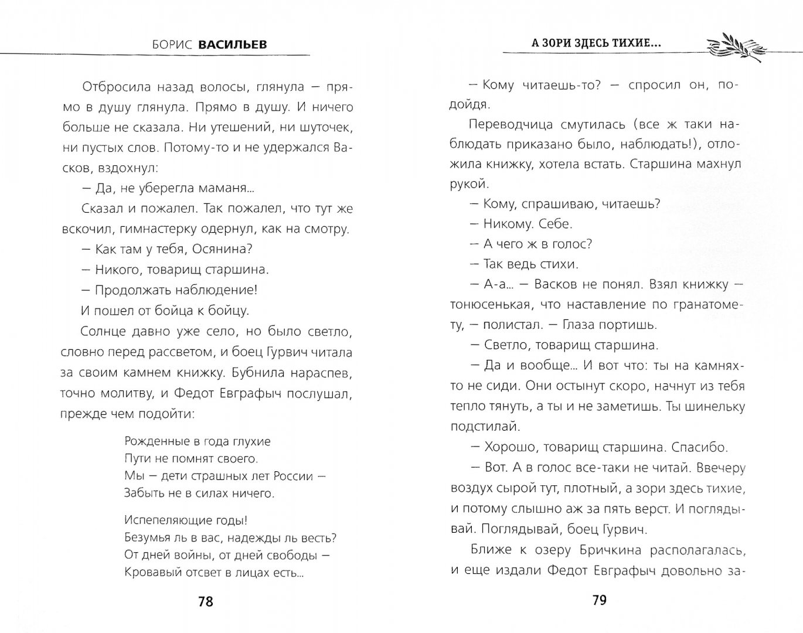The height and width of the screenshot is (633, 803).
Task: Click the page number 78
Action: [206, 602]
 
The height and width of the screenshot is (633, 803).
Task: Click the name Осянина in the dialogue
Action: [223, 249]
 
